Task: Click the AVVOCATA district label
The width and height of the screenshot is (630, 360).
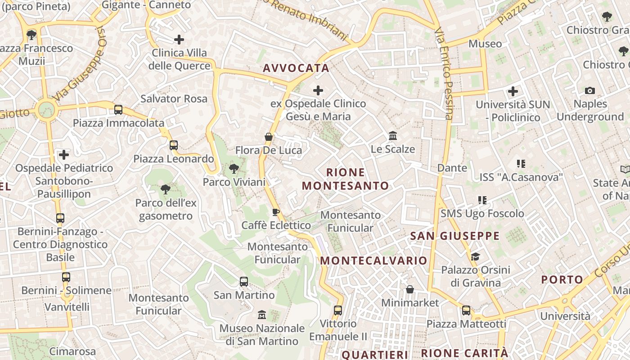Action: click(296, 68)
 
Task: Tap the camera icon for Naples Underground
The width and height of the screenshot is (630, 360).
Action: click(590, 91)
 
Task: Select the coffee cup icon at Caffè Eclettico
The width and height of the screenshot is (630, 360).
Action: click(276, 212)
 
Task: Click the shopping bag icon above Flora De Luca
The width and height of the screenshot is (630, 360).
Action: click(269, 137)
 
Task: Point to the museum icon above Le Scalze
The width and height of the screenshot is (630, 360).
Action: click(393, 135)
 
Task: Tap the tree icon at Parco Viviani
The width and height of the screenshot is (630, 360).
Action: click(234, 169)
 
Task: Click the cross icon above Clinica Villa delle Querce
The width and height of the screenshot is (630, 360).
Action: click(179, 40)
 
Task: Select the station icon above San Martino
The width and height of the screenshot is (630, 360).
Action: click(244, 282)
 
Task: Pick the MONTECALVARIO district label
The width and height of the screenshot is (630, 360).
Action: click(373, 261)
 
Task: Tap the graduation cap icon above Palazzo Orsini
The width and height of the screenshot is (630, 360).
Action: click(475, 256)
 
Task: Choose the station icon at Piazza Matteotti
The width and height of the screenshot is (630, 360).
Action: click(466, 310)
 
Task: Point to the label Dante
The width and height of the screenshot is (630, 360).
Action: click(452, 168)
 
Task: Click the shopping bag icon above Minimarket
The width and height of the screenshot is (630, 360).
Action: click(409, 289)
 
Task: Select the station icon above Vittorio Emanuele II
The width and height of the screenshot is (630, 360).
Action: click(338, 310)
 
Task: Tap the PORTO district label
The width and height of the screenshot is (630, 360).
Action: click(562, 279)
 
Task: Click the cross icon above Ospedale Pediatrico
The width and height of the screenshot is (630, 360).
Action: click(64, 155)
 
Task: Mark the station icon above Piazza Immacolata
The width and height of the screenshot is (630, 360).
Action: click(118, 109)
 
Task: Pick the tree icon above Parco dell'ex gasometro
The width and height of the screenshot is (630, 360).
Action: click(166, 189)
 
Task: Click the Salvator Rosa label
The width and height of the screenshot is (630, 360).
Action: click(174, 99)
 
